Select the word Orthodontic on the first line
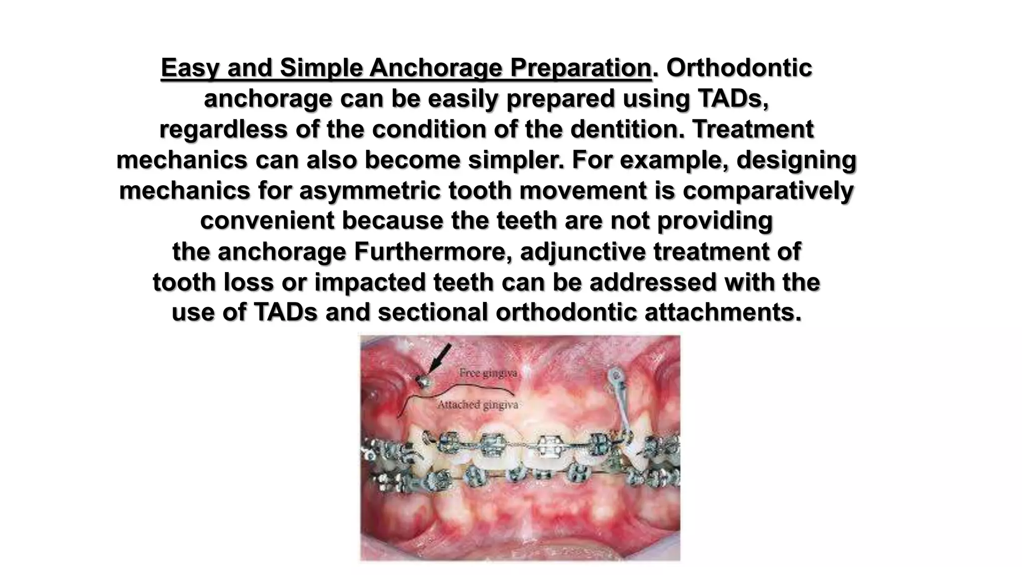tap(739, 68)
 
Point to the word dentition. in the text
tap(627, 130)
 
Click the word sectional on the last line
tap(433, 313)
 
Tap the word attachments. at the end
tap(723, 313)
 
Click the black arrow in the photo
tap(440, 358)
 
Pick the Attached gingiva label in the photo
tap(478, 405)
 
